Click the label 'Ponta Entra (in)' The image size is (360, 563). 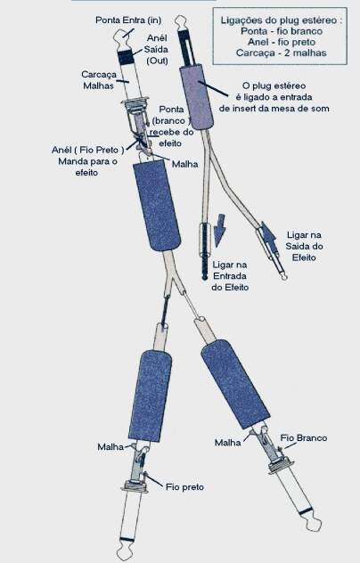(x=128, y=20)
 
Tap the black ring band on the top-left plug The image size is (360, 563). (x=127, y=57)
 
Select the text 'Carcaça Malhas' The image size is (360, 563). (x=99, y=80)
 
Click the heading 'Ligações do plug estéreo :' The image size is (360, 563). (x=282, y=20)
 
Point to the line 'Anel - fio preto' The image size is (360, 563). (x=282, y=42)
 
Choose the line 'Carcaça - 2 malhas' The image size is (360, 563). (x=282, y=53)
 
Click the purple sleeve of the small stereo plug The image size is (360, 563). (x=197, y=96)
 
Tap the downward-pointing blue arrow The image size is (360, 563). (x=219, y=231)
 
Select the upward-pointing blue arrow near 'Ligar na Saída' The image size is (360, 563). (x=268, y=236)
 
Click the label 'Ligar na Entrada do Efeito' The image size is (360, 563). (x=230, y=276)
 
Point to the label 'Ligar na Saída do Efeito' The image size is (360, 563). (x=304, y=246)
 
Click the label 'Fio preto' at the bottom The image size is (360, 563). (x=184, y=487)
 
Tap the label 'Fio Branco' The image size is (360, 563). (x=304, y=438)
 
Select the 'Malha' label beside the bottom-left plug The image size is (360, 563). (x=110, y=447)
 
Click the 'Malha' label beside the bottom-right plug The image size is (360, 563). (x=228, y=443)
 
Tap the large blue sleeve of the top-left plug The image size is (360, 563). (x=157, y=206)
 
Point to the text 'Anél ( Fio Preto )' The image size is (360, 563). (x=87, y=150)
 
